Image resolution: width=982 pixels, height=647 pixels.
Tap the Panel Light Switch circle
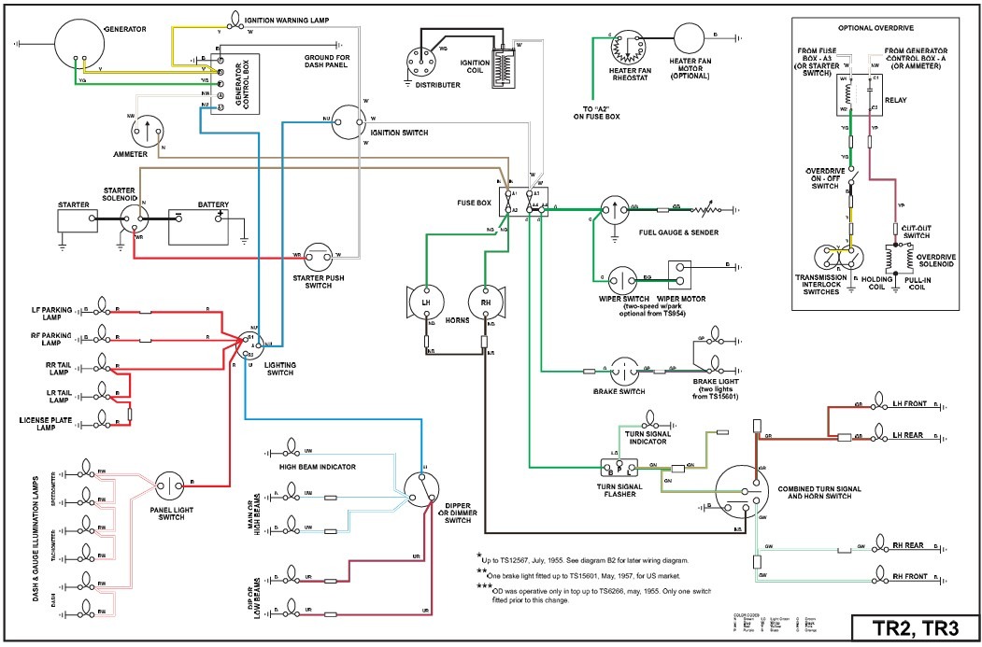coord(172,485)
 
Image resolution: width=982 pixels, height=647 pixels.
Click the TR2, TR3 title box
coord(914,627)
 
